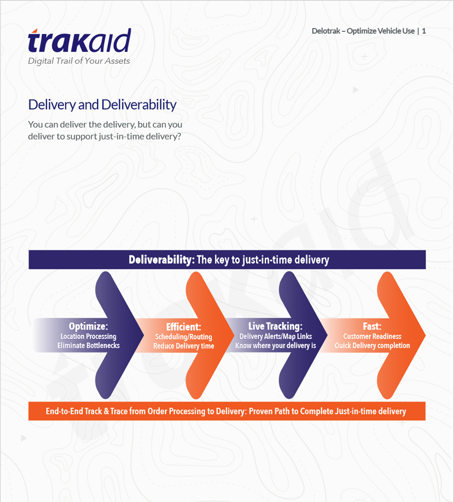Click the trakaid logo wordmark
[x=79, y=40]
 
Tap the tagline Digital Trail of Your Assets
[x=79, y=61]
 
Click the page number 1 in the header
[x=424, y=31]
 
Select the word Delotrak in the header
[x=326, y=31]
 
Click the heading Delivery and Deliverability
[x=102, y=105]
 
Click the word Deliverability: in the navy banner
[x=161, y=260]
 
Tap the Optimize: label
[x=89, y=326]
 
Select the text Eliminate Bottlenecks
[x=89, y=345]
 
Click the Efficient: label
[x=184, y=327]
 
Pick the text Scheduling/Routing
[x=184, y=337]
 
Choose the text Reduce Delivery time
[x=184, y=346]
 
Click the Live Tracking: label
[x=275, y=326]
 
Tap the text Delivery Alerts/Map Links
[x=275, y=336]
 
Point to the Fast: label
[x=372, y=326]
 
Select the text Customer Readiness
[x=372, y=336]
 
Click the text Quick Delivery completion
[x=372, y=345]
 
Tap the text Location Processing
[x=89, y=336]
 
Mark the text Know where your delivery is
[x=275, y=345]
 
